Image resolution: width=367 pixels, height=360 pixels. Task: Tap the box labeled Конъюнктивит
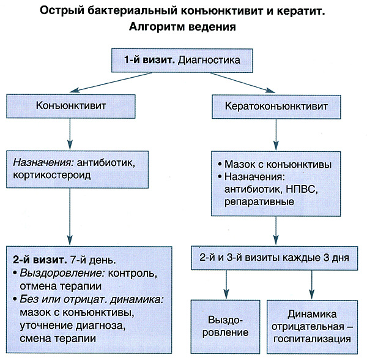[71, 105]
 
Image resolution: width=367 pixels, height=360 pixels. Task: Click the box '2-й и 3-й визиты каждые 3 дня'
[273, 258]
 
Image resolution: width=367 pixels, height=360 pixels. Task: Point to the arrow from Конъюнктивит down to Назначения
[71, 133]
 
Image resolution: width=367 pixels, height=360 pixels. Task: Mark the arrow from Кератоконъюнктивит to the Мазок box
[273, 133]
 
